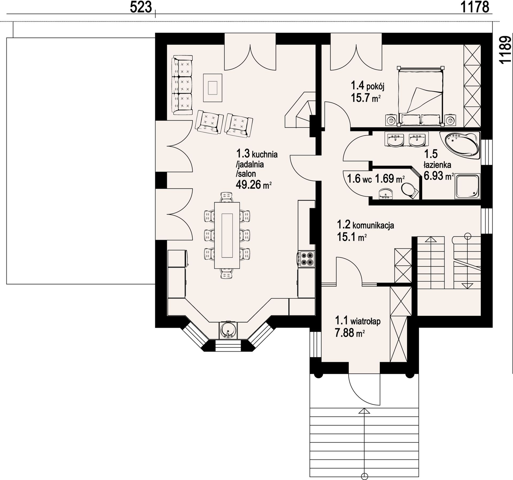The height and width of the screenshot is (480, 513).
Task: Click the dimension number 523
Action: coord(141,7)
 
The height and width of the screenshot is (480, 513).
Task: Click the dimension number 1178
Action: coord(475,7)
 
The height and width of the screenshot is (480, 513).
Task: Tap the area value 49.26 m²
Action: coord(254,185)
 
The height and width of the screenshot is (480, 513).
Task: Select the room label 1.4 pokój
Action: coord(367,86)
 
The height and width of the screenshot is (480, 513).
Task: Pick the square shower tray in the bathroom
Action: coord(468,186)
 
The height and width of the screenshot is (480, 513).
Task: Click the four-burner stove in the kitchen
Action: coord(306,259)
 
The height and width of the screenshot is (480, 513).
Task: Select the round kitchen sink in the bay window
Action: coord(228,330)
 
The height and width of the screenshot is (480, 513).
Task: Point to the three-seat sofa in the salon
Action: coord(182,85)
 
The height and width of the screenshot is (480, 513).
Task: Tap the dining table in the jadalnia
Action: coord(227,235)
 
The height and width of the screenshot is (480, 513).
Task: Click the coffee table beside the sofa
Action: coord(212,88)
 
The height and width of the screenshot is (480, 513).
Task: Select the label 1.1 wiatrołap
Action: coord(358,321)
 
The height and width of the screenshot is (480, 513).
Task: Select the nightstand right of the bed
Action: coord(451,121)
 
